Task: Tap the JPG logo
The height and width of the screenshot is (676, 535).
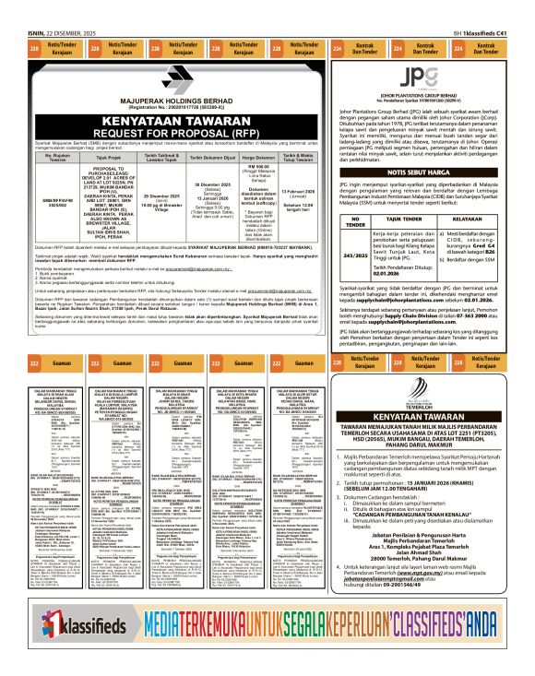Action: (427, 74)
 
